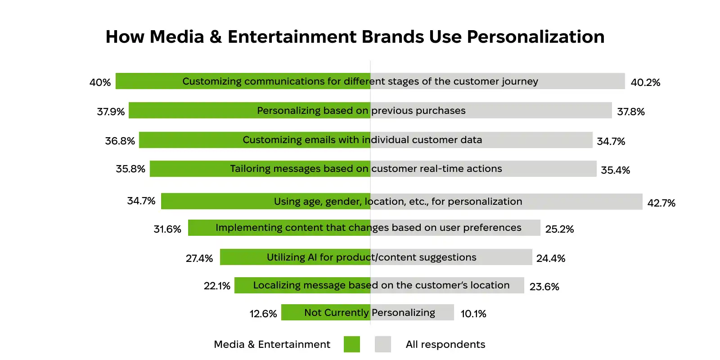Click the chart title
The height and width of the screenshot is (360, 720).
pos(355,37)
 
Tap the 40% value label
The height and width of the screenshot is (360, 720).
pos(100,82)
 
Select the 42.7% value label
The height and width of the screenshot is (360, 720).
pos(661,203)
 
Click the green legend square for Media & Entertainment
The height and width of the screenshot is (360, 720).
pos(351,344)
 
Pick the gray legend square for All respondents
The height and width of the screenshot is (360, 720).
pos(383,344)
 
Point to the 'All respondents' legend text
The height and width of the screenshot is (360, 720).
pos(445,344)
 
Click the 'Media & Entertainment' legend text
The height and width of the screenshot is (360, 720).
pos(272,344)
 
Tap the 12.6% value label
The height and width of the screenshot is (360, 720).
pos(263,314)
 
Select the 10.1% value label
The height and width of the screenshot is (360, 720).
pos(473,314)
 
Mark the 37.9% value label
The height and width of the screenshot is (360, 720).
pos(111,112)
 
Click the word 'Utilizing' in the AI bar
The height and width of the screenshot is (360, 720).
pos(286,257)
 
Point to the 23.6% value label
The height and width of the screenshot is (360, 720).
pos(544,287)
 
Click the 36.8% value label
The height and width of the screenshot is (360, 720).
pos(120,141)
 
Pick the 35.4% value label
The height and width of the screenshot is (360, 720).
pos(615,170)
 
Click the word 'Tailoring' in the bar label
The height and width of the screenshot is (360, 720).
pos(250,169)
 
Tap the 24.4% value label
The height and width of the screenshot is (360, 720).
pos(550,258)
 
